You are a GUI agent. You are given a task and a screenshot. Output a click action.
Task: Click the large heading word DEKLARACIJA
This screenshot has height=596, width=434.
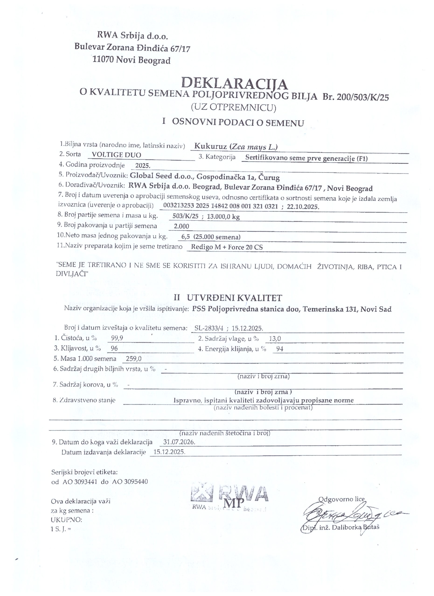[234, 84]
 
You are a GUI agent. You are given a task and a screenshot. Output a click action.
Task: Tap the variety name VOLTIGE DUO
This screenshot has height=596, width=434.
[115, 155]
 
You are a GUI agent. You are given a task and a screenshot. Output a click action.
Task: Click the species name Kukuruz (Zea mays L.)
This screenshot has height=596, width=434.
[236, 147]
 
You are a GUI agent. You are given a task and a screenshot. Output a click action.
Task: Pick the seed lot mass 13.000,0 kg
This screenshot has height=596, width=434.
[223, 217]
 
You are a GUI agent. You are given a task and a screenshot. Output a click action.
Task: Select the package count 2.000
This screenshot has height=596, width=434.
[182, 226]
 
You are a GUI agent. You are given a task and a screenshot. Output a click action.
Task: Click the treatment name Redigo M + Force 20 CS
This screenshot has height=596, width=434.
[227, 247]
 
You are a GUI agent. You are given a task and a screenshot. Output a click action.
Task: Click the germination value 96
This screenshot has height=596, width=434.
[114, 349]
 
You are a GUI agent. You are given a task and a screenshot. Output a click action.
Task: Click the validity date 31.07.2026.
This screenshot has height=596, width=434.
[179, 442]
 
